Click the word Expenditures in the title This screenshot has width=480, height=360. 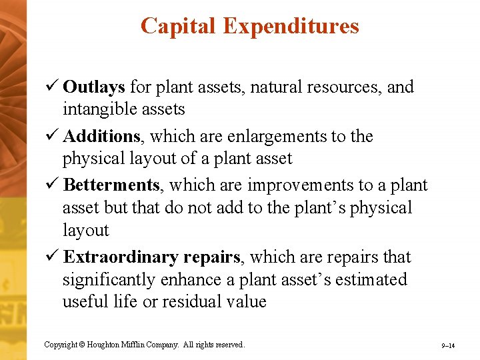tap(291, 26)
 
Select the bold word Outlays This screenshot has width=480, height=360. tap(94, 87)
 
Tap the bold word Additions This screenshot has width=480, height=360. tap(101, 137)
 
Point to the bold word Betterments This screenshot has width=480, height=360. tap(111, 185)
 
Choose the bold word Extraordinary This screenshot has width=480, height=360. tap(113, 257)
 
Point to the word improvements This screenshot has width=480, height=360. tap(302, 185)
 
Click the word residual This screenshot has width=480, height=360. tap(192, 302)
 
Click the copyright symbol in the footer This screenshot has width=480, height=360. tap(83, 345)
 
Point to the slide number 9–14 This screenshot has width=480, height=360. tap(447, 346)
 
